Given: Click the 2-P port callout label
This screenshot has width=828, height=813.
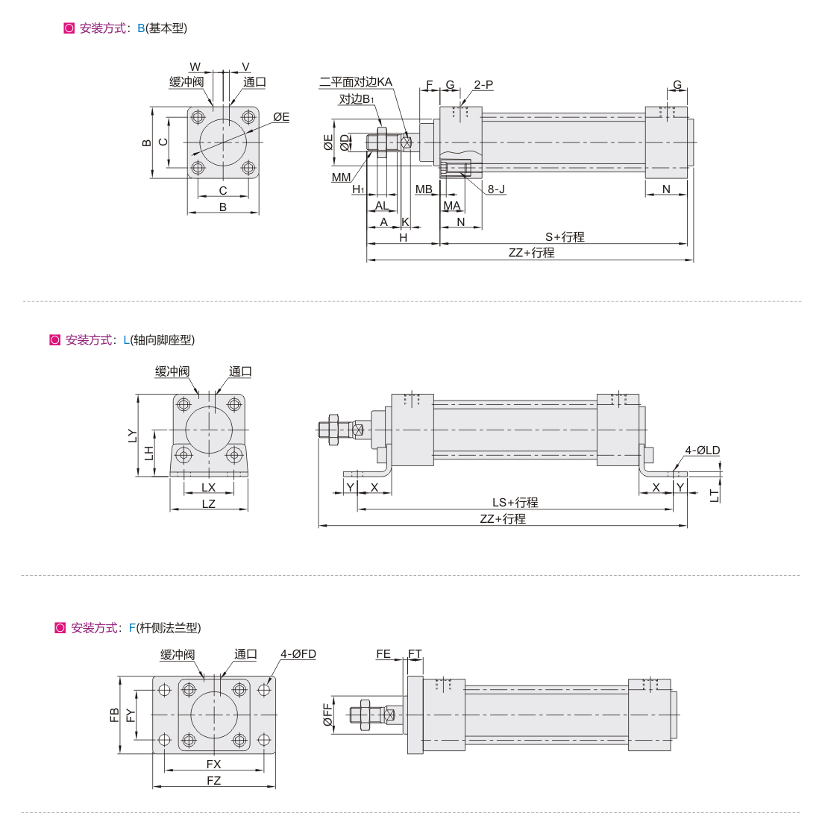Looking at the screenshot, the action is pyautogui.click(x=483, y=84).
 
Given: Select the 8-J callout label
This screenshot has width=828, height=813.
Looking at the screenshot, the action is pyautogui.click(x=496, y=189).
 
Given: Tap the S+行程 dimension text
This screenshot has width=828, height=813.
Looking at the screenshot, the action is pyautogui.click(x=565, y=237).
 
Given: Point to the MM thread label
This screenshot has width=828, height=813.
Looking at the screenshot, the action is pyautogui.click(x=341, y=178).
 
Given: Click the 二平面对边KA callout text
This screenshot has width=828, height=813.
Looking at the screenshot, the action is pyautogui.click(x=355, y=82).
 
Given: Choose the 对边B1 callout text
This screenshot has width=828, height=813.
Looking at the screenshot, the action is pyautogui.click(x=357, y=98).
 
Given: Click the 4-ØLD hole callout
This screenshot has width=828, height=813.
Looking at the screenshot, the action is pyautogui.click(x=703, y=451).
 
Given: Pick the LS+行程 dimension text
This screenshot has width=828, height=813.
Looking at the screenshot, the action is pyautogui.click(x=515, y=503).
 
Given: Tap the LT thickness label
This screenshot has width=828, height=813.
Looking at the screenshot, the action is pyautogui.click(x=714, y=496).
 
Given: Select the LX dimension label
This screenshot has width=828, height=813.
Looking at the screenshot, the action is pyautogui.click(x=209, y=487).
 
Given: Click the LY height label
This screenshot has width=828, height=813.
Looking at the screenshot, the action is pyautogui.click(x=132, y=436).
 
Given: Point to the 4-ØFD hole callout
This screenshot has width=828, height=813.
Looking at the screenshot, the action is pyautogui.click(x=298, y=654).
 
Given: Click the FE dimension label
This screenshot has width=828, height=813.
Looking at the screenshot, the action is pyautogui.click(x=383, y=654).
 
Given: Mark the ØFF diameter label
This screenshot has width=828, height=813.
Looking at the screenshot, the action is pyautogui.click(x=327, y=715).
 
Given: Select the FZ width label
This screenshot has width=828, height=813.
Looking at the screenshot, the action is pyautogui.click(x=214, y=780).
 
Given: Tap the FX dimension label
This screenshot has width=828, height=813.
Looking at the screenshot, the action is pyautogui.click(x=214, y=764).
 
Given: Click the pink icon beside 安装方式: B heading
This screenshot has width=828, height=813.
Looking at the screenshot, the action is pyautogui.click(x=69, y=28).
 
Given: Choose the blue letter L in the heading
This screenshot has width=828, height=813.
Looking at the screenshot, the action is pyautogui.click(x=126, y=340).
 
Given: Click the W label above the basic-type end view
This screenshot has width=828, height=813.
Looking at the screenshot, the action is pyautogui.click(x=195, y=67).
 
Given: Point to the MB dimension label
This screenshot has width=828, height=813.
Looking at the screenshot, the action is pyautogui.click(x=424, y=189).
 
